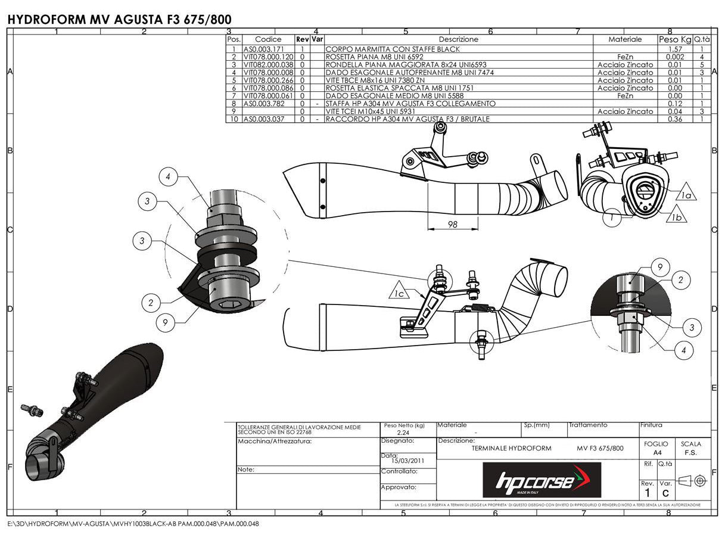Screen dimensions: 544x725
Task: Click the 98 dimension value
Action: click(x=453, y=223)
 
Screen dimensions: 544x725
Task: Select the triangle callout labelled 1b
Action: click(x=676, y=217)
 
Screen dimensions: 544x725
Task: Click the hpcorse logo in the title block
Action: click(x=541, y=480)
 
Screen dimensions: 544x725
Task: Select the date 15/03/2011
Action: click(x=408, y=461)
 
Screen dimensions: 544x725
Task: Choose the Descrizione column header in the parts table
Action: click(x=458, y=39)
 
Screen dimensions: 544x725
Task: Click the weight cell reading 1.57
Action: click(x=674, y=49)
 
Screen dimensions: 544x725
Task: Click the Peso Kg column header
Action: click(x=674, y=39)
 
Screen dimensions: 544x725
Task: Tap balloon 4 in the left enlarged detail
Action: click(x=169, y=177)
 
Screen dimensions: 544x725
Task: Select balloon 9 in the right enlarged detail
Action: click(x=660, y=268)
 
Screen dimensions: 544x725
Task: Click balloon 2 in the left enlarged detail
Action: click(x=151, y=303)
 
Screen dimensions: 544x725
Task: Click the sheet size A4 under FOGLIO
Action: click(x=657, y=453)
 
